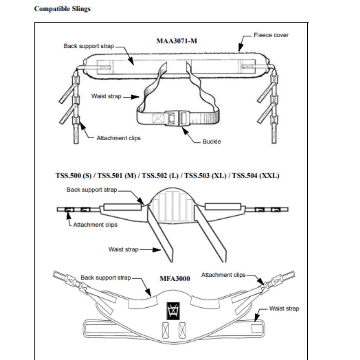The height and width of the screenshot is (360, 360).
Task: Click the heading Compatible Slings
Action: (x=62, y=9)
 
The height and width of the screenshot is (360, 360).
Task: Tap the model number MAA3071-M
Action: (x=176, y=41)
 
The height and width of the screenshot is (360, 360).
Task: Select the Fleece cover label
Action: (x=271, y=35)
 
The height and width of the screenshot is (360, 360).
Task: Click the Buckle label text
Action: (x=212, y=142)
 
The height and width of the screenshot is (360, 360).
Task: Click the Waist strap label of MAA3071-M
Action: (x=106, y=96)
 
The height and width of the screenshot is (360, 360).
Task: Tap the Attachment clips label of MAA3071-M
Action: (x=118, y=138)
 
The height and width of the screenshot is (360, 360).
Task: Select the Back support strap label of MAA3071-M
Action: (x=89, y=46)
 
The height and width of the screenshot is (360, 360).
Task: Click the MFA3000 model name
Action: (x=175, y=279)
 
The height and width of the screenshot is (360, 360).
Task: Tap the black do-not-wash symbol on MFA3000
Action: (x=173, y=311)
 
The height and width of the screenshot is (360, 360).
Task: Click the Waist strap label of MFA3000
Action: (x=284, y=309)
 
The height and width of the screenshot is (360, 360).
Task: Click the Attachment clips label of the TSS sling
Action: (x=95, y=224)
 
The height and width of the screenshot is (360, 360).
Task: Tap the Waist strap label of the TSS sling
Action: (x=123, y=250)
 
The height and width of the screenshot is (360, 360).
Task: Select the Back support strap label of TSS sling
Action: (x=92, y=190)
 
